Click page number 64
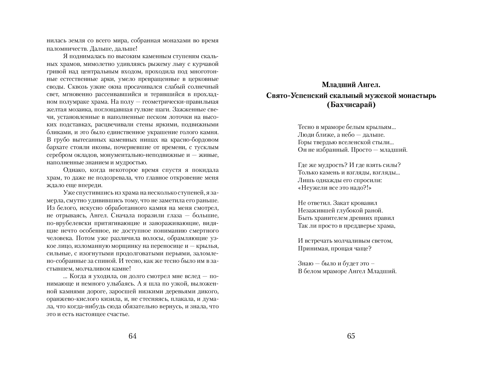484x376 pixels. pyautogui.click(x=132, y=336)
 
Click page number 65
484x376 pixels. pyautogui.click(x=351, y=336)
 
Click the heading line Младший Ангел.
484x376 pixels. pyautogui.click(x=351, y=85)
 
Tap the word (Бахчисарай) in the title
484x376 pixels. pyautogui.click(x=351, y=105)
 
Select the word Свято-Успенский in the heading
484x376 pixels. pyautogui.click(x=297, y=96)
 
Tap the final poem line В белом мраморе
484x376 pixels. pyautogui.click(x=347, y=271)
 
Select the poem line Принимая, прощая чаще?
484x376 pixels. pyautogui.click(x=334, y=248)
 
